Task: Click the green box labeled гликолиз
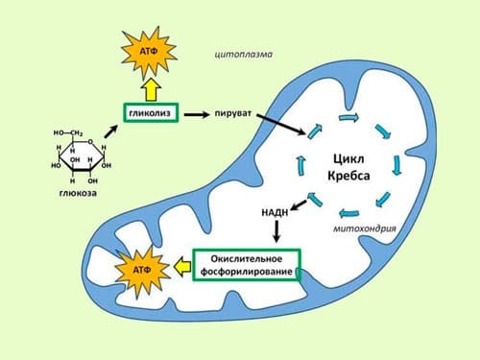point(151,112)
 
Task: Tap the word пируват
point(233,113)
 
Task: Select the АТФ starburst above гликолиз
point(149,52)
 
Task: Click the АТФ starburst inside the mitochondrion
point(142,271)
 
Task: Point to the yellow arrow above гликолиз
point(152,90)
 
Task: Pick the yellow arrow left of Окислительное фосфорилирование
point(182,266)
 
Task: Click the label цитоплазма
point(244,55)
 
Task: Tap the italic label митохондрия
point(365,228)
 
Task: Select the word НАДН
point(275,212)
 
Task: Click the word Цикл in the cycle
point(348,158)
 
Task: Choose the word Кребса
point(348,176)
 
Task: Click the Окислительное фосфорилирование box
point(247,265)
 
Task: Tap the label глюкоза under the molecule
point(78,193)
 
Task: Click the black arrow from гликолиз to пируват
point(197,114)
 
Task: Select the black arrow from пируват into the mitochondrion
point(281,124)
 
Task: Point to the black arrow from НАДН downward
point(276,230)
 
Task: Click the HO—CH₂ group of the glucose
point(68,133)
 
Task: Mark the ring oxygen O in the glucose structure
point(90,142)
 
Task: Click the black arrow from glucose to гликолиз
point(110,132)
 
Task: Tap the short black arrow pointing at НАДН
point(299,204)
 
